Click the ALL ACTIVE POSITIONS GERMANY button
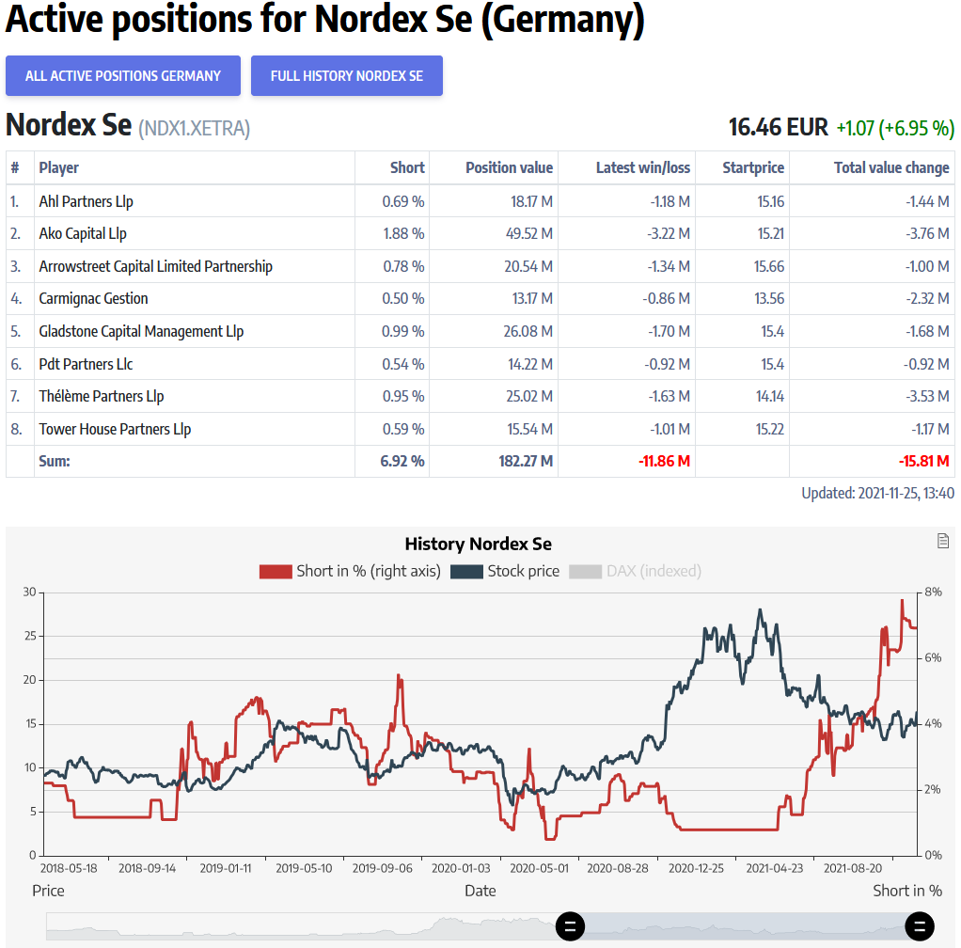coord(123,76)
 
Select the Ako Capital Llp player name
coord(83,233)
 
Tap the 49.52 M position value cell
coord(528,233)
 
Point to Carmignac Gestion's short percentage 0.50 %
coord(402,298)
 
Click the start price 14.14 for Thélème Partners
coord(769,396)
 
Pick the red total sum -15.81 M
coord(923,461)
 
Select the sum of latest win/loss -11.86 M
coord(664,461)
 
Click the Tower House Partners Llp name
coord(115,429)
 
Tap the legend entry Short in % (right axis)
coord(350,571)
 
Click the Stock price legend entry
coord(505,571)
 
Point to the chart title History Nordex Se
coord(478,544)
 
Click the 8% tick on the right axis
coord(933,592)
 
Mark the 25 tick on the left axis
coord(28,636)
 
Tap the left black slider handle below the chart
coord(570,925)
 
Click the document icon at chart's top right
coord(943,541)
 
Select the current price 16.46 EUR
coord(778,127)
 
